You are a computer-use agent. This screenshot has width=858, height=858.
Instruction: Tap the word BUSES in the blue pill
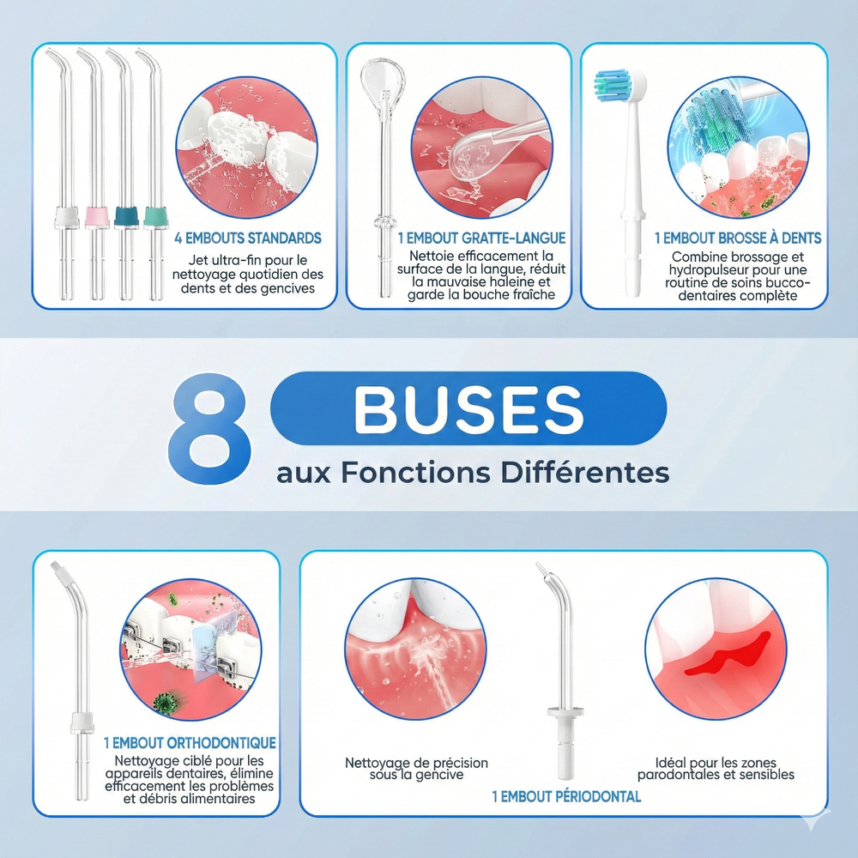coord(469,409)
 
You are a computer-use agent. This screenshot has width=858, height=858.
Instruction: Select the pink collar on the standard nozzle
coord(97,217)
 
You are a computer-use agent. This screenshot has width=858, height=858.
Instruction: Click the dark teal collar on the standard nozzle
coord(126,216)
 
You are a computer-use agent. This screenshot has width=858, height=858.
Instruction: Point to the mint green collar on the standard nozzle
coord(156,217)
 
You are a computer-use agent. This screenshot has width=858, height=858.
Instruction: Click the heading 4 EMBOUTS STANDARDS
coord(248,238)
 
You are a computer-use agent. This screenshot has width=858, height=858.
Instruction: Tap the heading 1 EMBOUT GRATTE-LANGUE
coord(481,238)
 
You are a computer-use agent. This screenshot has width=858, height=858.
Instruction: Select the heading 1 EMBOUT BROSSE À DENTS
coord(738,238)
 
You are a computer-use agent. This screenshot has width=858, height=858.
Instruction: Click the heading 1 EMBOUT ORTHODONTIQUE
coord(190,742)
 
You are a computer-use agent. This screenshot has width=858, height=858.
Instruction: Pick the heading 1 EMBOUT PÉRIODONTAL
coord(566,796)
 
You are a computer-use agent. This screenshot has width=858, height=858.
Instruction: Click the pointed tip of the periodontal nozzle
coord(537,565)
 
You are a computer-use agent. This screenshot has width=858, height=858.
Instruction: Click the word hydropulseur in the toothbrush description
coord(702,269)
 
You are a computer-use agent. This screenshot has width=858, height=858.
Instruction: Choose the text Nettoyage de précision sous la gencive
coord(416,769)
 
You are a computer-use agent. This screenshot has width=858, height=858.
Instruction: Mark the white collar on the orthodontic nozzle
coord(82,723)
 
